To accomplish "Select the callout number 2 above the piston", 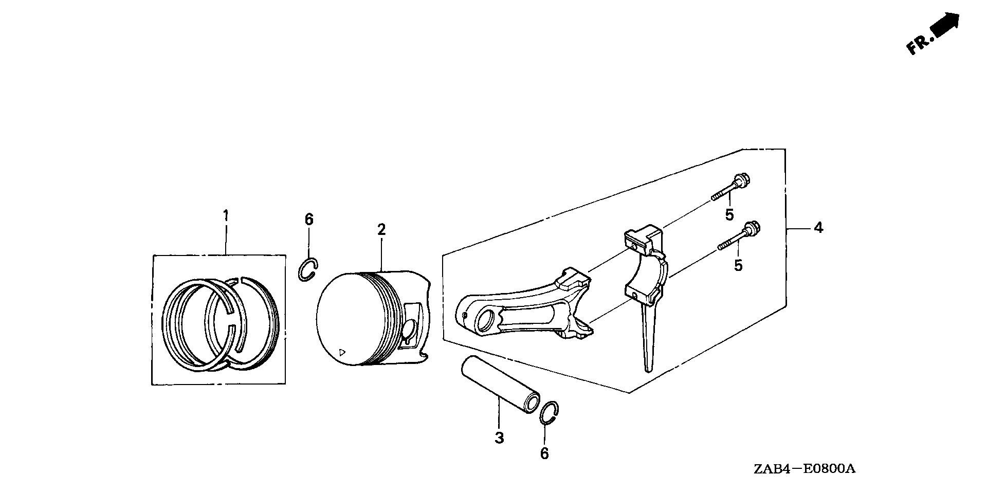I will pyautogui.click(x=381, y=229).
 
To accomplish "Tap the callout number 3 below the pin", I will pyautogui.click(x=499, y=438).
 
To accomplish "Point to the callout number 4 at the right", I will pyautogui.click(x=818, y=227).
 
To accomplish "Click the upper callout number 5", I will pyautogui.click(x=729, y=215).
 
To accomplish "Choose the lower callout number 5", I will pyautogui.click(x=738, y=265).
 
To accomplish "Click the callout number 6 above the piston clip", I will pyautogui.click(x=308, y=220).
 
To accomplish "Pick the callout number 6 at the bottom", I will pyautogui.click(x=544, y=453).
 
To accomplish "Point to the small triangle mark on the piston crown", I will pyautogui.click(x=342, y=352).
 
